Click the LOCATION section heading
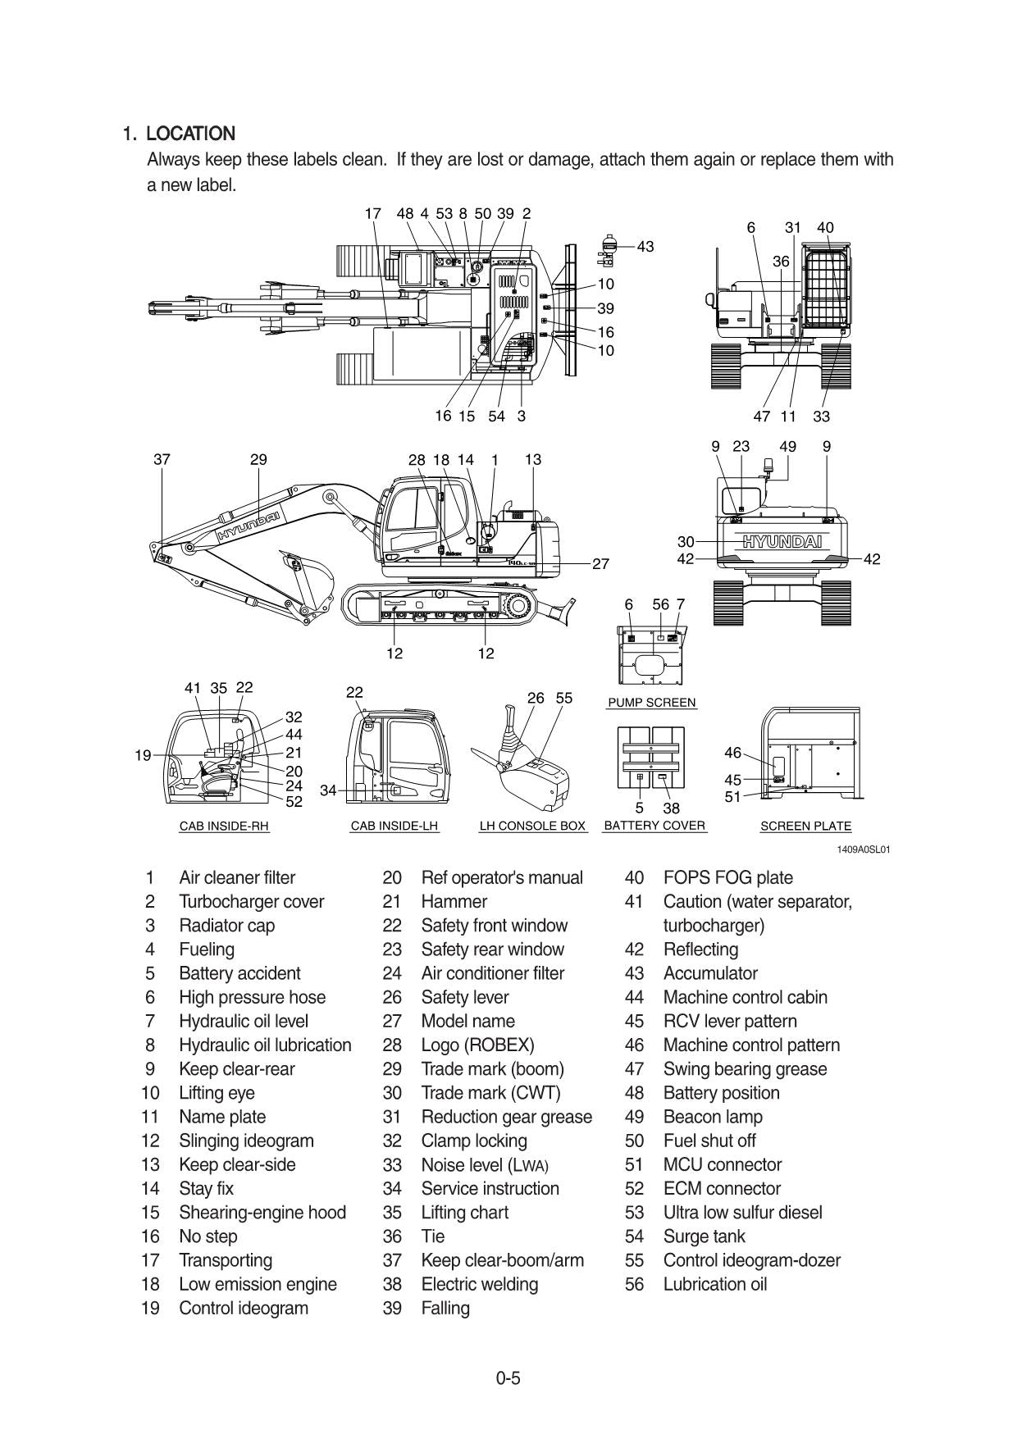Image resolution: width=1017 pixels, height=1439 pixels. [x=190, y=134]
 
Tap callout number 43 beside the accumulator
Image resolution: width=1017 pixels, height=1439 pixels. [x=645, y=246]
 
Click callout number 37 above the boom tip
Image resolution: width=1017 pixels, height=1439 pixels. [x=162, y=459]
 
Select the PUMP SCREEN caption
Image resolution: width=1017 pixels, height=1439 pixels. [x=651, y=703]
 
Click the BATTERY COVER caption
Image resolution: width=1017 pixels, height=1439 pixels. [x=654, y=826]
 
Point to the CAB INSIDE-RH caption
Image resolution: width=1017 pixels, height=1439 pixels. [x=224, y=827]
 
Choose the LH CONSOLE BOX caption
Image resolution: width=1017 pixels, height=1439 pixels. [x=532, y=827]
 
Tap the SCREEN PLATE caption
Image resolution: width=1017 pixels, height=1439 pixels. [x=805, y=827]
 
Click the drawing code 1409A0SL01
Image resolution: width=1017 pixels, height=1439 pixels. [x=863, y=849]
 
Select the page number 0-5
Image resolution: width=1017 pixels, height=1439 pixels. [x=508, y=1378]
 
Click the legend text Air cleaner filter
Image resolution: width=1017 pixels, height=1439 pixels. [x=237, y=877]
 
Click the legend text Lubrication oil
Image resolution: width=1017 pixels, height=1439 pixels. [x=714, y=1284]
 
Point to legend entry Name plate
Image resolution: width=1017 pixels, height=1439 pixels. [x=221, y=1117]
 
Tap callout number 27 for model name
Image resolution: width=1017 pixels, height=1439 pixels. [x=600, y=564]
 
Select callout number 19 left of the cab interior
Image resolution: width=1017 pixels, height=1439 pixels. [x=143, y=755]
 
